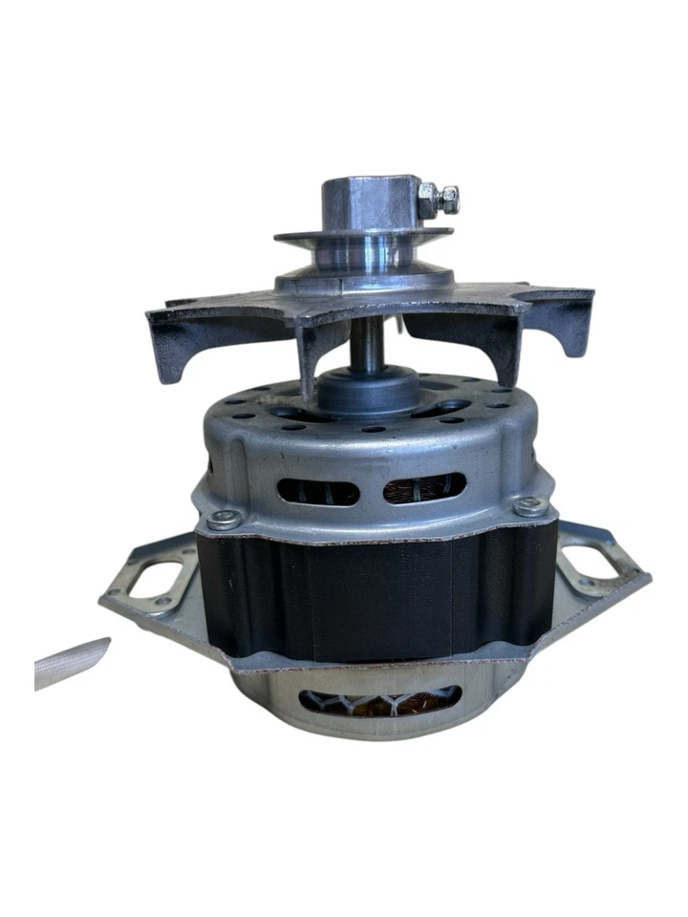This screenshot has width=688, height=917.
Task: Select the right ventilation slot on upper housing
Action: tap(424, 488)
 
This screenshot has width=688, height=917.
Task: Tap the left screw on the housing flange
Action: tap(225, 521)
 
